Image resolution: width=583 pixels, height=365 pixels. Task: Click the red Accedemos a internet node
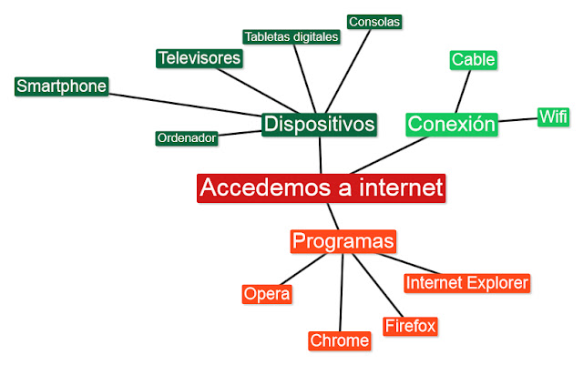click(321, 188)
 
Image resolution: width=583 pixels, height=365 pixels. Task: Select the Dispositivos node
click(319, 124)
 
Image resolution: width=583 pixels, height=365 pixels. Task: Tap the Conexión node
click(452, 124)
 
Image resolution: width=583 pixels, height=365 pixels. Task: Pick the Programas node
click(343, 241)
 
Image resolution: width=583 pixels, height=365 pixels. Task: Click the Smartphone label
click(62, 86)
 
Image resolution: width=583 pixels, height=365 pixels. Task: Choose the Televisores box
click(199, 58)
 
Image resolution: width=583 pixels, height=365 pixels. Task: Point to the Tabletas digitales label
click(291, 36)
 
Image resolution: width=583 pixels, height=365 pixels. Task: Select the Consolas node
click(374, 21)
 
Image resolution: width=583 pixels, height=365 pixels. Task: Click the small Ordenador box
click(186, 138)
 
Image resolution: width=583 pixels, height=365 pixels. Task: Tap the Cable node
click(474, 60)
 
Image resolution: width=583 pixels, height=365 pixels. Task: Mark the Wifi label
click(553, 117)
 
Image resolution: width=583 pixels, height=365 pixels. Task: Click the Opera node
click(267, 294)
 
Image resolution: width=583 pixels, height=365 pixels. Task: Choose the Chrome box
click(340, 340)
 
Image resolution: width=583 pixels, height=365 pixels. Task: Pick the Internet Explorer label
click(465, 283)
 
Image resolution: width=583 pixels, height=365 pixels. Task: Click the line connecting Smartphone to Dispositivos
click(182, 103)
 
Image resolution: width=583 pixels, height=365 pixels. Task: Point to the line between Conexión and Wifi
click(517, 119)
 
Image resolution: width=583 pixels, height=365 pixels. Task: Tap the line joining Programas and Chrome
click(342, 291)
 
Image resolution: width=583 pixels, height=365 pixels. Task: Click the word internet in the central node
click(396, 188)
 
